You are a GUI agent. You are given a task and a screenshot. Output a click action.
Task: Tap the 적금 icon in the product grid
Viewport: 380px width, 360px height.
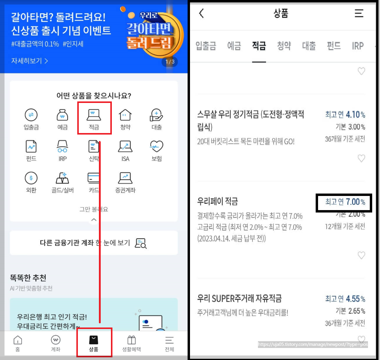[x=94, y=115]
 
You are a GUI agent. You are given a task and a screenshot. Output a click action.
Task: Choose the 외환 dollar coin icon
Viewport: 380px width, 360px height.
[x=31, y=178]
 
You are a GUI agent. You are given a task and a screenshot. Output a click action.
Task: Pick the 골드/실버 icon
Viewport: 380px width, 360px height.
[x=63, y=178]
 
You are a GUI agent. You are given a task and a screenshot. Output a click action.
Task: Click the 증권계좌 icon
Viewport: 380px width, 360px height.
[x=125, y=178]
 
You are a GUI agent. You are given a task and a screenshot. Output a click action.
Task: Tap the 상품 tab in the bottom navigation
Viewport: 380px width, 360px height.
[x=94, y=343]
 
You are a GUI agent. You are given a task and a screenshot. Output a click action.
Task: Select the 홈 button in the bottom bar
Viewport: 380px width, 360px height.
[x=18, y=343]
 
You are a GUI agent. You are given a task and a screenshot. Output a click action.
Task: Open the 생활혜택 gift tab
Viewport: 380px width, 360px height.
[x=131, y=343]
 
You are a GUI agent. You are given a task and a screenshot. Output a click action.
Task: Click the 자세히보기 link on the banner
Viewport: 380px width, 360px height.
[x=29, y=61]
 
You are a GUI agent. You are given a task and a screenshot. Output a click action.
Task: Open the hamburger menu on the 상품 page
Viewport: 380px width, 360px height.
[x=359, y=13]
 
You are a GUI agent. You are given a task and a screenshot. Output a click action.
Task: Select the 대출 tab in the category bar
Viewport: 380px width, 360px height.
[x=309, y=46]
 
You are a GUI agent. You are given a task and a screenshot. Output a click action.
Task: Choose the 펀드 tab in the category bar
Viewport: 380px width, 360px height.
[x=334, y=46]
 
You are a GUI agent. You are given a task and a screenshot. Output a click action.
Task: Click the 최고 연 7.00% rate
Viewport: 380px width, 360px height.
[x=345, y=202]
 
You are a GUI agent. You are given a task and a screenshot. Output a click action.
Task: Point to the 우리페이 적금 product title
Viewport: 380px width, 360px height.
[x=218, y=201]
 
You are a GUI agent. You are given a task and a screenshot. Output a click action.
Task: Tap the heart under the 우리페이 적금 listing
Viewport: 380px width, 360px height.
[x=361, y=255]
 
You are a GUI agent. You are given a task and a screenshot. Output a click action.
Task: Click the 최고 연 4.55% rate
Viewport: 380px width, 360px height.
[x=345, y=299]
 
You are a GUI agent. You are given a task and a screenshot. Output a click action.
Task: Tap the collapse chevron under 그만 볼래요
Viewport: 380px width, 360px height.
[x=94, y=220]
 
